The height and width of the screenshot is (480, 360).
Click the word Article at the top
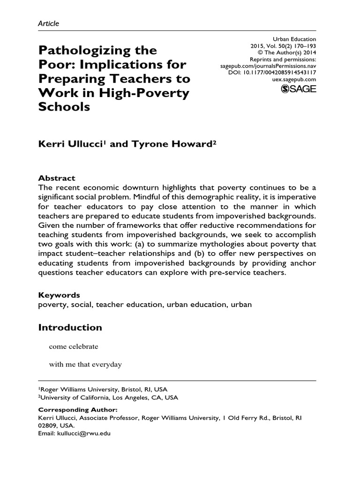coord(49,23)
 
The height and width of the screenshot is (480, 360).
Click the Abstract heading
coord(56,178)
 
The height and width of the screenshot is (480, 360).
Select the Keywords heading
coord(59,295)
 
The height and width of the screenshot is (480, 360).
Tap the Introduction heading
coord(70,327)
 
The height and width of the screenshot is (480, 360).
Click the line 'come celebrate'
coord(74,346)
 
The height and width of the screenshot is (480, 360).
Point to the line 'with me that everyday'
coord(85,364)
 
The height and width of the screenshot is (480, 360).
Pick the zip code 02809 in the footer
coord(48,426)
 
